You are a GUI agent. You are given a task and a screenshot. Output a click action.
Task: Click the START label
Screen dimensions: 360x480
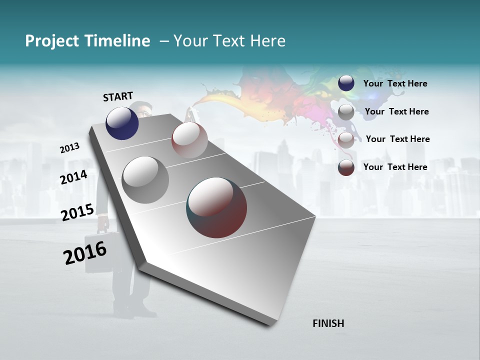118,96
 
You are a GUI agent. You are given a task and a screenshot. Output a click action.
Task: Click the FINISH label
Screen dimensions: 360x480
328,323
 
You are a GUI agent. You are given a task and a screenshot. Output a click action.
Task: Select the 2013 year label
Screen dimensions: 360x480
70,148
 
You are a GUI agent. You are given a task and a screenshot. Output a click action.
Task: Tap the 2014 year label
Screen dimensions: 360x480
74,177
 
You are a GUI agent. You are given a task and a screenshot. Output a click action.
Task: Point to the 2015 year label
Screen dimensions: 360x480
77,212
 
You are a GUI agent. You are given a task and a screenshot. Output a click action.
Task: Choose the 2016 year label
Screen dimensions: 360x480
85,253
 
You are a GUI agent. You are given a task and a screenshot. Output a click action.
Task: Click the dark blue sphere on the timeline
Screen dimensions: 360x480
122,123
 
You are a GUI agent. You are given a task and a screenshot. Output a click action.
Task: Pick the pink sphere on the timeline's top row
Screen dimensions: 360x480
189,140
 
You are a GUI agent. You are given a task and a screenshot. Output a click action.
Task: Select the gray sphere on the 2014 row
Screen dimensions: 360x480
145,180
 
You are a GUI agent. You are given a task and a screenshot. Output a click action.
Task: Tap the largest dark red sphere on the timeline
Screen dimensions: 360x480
216,207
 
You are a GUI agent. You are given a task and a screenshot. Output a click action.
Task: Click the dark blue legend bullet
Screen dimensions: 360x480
346,83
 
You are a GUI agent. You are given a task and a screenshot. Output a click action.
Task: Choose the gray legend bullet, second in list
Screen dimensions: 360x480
346,112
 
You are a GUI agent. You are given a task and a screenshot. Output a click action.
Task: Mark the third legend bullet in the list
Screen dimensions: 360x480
346,140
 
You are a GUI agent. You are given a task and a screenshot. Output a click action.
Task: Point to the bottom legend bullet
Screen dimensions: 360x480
346,167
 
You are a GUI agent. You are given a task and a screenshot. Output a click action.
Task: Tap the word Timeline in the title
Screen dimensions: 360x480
120,41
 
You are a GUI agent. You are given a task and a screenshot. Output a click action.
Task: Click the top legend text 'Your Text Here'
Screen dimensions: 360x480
395,84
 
